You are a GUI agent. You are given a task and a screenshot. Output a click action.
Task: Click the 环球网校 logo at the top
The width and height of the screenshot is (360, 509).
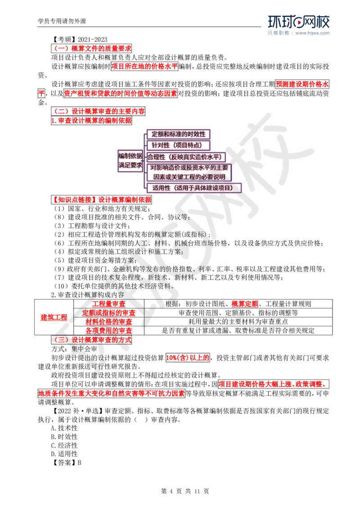click(x=299, y=22)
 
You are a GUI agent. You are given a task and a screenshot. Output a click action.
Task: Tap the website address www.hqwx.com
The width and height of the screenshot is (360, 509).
click(x=312, y=33)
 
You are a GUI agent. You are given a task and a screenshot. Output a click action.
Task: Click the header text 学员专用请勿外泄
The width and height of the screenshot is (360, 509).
click(x=62, y=21)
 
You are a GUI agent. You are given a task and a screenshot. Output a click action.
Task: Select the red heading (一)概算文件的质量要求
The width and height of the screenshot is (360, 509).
click(x=91, y=49)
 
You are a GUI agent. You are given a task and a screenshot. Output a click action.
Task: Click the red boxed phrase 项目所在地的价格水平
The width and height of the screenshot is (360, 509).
click(x=144, y=67)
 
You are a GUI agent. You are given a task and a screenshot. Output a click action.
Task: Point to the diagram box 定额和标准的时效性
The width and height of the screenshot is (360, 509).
click(x=178, y=134)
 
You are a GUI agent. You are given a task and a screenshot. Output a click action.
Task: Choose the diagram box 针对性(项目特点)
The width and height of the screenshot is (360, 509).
click(x=178, y=145)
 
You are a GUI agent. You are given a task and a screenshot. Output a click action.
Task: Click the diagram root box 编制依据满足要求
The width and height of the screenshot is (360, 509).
click(x=130, y=161)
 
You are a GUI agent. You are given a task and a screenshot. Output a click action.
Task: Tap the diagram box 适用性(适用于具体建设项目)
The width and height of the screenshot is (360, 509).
click(x=193, y=188)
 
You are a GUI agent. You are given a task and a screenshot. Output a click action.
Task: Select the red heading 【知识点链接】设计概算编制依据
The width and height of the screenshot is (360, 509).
click(x=101, y=200)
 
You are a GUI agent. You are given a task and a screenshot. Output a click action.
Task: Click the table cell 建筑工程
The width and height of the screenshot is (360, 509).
click(x=54, y=317)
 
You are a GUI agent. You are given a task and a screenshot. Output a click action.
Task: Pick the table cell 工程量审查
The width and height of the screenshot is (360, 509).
click(x=109, y=304)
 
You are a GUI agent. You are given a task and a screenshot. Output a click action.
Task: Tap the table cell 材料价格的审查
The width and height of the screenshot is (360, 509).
click(x=109, y=321)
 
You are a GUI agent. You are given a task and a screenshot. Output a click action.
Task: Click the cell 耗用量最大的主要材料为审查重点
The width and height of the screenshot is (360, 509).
click(x=238, y=321)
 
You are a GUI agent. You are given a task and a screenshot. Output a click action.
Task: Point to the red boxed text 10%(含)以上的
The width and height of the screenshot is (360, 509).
click(x=188, y=358)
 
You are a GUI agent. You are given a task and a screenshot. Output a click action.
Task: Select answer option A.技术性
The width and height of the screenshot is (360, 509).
click(x=64, y=428)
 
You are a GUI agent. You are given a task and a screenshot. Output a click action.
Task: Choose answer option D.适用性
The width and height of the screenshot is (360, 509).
click(x=64, y=454)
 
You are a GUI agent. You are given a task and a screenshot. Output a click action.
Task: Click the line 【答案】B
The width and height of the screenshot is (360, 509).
click(x=66, y=463)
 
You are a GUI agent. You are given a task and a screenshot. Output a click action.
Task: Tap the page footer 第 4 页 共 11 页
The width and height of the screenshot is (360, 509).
click(x=185, y=491)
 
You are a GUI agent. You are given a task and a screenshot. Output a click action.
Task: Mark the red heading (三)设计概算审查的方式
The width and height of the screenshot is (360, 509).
click(x=91, y=340)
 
